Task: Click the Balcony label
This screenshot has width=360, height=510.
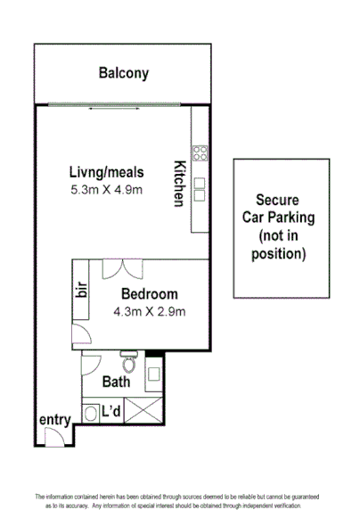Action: (123, 74)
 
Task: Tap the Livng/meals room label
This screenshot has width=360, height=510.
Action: (107, 172)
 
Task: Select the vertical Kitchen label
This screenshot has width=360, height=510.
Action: (179, 183)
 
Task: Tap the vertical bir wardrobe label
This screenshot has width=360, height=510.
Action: (81, 293)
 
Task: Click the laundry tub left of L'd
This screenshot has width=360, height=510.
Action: (91, 413)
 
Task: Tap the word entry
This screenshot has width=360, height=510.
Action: (53, 419)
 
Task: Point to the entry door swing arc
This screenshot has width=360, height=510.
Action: (53, 437)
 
